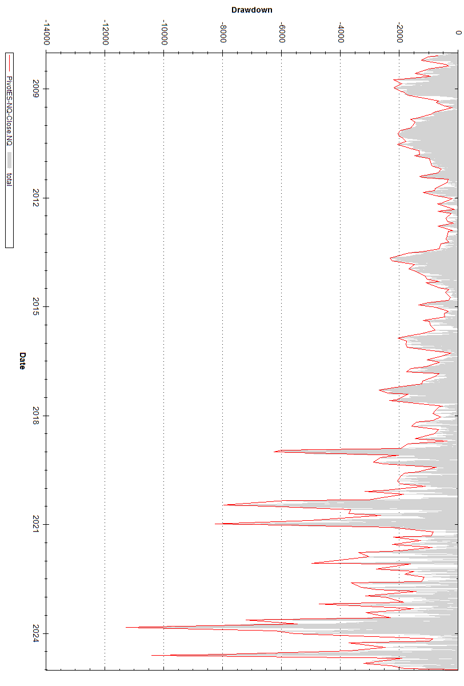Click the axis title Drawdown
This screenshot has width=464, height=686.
(x=251, y=10)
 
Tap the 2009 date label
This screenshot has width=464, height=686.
(x=36, y=89)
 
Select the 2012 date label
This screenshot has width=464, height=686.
(x=36, y=198)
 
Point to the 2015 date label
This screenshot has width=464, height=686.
(x=36, y=306)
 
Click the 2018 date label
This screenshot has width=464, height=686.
(x=36, y=416)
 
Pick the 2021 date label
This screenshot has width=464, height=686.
(x=36, y=524)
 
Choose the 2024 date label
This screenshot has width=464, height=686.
(x=36, y=633)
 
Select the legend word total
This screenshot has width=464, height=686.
(x=9, y=180)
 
